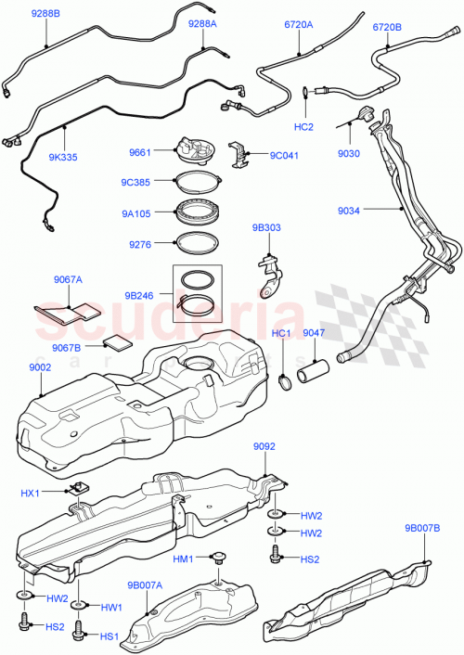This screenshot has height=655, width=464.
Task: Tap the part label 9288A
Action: pyautogui.click(x=203, y=23)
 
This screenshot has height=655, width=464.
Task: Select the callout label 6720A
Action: pyautogui.click(x=299, y=27)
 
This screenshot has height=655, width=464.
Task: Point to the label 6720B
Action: pyautogui.click(x=388, y=28)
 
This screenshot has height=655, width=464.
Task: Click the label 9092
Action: pyautogui.click(x=264, y=447)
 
